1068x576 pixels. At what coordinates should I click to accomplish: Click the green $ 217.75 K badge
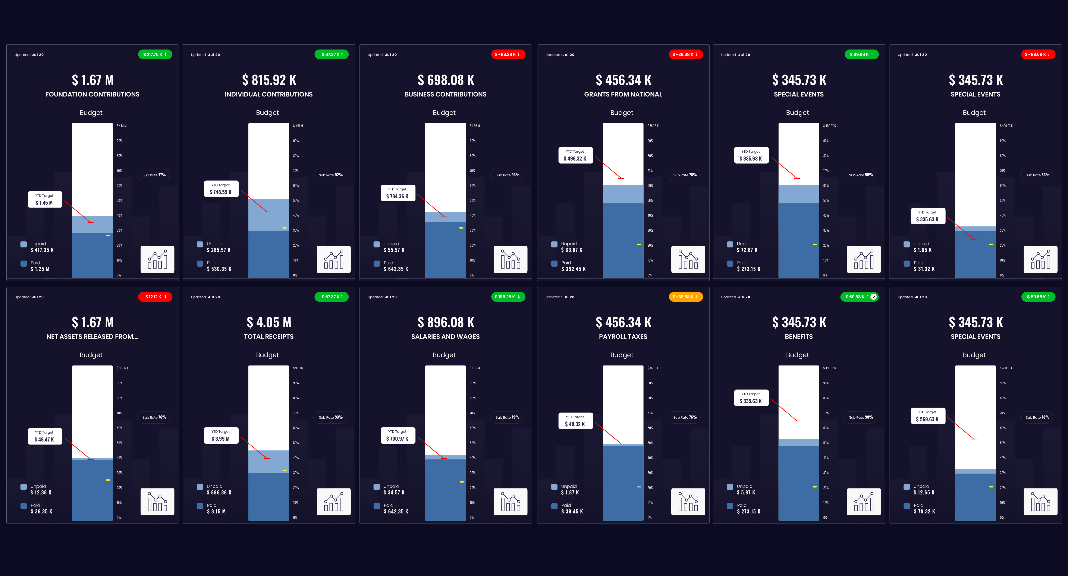155,54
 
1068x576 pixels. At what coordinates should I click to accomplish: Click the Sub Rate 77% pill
153,175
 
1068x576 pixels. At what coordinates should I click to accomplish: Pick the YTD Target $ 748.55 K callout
221,189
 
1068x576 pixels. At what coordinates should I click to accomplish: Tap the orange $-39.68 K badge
685,297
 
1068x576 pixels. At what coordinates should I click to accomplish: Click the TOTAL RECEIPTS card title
269,336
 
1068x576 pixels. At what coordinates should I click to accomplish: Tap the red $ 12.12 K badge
155,297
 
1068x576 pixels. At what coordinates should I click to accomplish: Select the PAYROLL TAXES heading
623,336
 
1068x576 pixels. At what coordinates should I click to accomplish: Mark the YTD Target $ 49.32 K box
575,421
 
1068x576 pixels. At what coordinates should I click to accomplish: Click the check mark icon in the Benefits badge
874,297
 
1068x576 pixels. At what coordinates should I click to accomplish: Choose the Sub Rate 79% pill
507,417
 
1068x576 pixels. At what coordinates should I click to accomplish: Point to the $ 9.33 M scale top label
298,368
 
